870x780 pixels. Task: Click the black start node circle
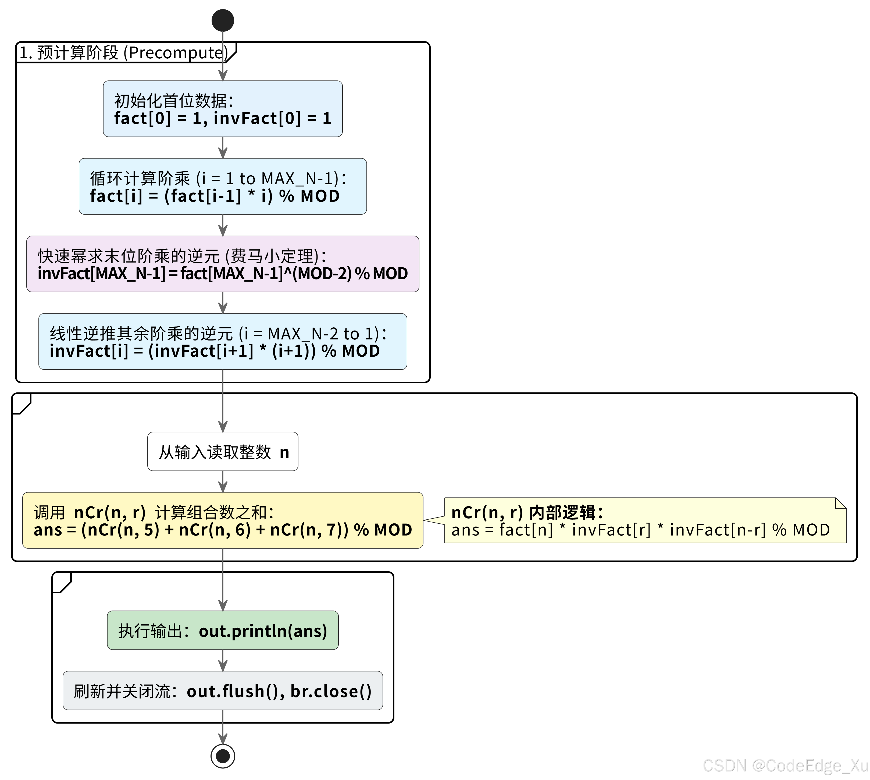click(223, 20)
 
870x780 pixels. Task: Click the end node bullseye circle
click(223, 756)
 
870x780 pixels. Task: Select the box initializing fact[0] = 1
click(223, 109)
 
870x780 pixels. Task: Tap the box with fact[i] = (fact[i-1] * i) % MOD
click(223, 186)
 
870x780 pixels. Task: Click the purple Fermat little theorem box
click(223, 264)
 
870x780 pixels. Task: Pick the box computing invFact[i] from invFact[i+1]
click(223, 342)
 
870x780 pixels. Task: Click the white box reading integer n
click(223, 452)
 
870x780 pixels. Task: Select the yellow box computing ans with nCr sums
click(223, 520)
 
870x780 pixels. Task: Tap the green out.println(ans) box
click(223, 630)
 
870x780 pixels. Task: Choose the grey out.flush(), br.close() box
click(223, 691)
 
